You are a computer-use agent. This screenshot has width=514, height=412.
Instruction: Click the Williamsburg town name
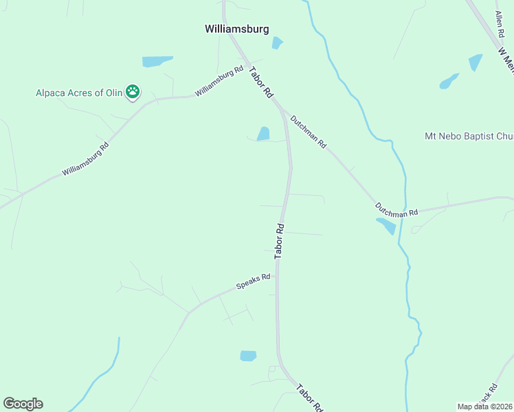point(236,29)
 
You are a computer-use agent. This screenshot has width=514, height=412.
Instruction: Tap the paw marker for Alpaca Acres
point(133,91)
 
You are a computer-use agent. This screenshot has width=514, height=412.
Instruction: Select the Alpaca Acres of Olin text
point(79,92)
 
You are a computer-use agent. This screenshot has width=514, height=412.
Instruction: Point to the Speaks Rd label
point(253,282)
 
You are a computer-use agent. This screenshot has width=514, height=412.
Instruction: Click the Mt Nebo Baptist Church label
point(469,137)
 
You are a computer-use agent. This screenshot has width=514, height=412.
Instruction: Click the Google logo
point(23,404)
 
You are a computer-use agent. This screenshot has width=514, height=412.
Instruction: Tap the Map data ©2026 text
point(485,407)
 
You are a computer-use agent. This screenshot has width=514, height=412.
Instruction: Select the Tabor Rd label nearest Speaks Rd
point(280,240)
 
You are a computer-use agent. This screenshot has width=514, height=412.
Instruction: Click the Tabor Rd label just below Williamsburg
point(262,84)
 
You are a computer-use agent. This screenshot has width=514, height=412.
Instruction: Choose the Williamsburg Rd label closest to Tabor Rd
point(219,81)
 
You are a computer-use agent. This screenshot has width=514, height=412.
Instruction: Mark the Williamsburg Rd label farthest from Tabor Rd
point(85,159)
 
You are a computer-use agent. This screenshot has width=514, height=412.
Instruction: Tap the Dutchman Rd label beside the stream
point(396,209)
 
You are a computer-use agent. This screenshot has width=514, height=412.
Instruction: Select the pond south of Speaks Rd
point(248,356)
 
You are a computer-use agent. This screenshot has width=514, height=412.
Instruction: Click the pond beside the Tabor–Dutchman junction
point(263,134)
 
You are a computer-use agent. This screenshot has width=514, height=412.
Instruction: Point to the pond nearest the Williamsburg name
point(277,43)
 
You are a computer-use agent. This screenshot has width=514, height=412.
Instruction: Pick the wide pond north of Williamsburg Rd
point(157,62)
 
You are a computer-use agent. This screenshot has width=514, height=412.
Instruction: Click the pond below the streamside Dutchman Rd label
point(386,226)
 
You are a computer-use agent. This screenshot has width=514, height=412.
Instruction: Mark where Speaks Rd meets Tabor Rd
point(277,275)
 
